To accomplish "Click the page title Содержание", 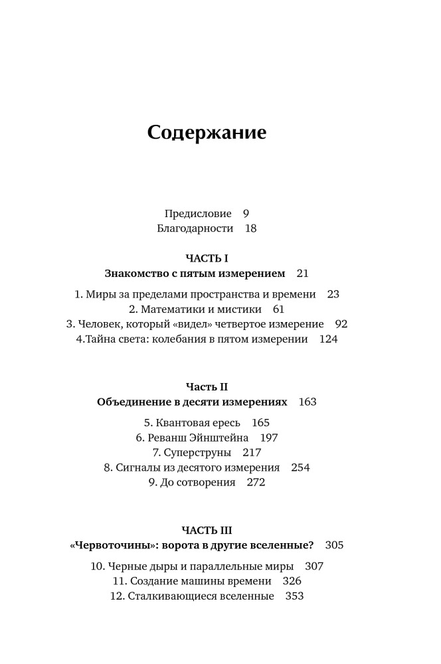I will coord(207,132).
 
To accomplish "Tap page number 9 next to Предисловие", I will coord(246,214).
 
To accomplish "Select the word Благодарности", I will coord(195,228).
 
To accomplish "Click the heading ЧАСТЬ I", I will coord(207,258).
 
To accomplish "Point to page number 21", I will coord(303,273).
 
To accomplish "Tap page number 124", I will coord(329,339).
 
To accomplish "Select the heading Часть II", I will coord(207,386).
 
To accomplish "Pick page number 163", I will coord(308,402).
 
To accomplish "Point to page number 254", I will coord(300,467).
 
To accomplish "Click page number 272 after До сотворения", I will coord(256,483).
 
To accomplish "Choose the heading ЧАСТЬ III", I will coord(207,530).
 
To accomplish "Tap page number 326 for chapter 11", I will coord(292,581).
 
